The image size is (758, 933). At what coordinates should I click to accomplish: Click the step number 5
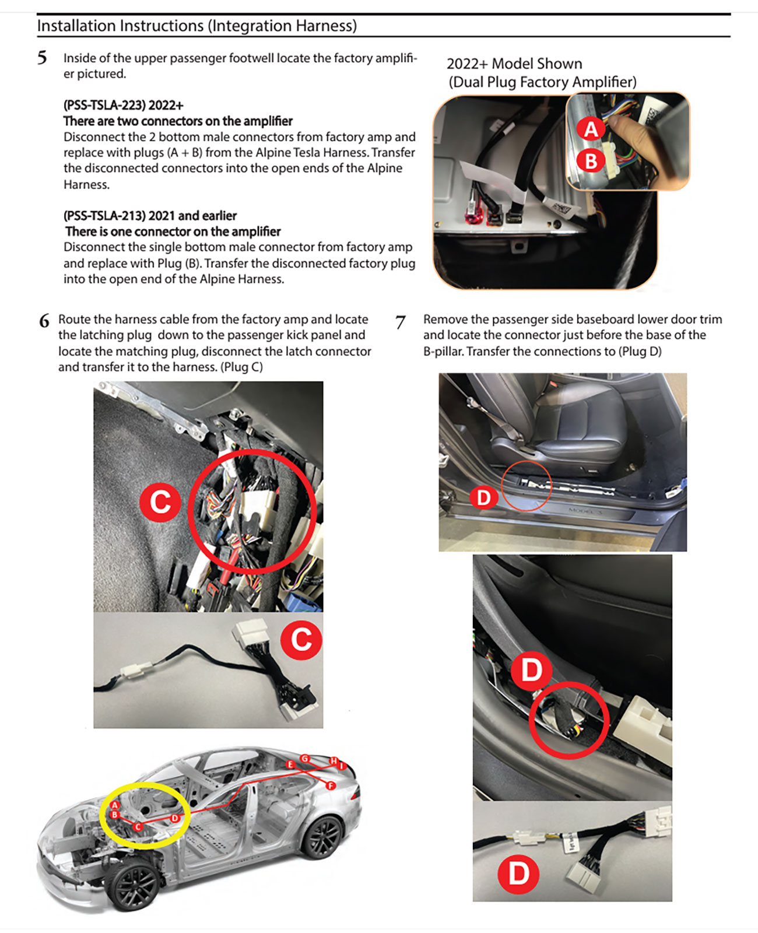coord(42,58)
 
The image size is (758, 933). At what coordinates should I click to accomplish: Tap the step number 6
coord(44,321)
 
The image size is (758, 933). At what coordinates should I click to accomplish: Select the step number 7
coord(400,322)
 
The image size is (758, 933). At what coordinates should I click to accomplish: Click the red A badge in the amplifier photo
coord(591,129)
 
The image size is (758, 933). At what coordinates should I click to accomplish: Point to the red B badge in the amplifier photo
coord(591,160)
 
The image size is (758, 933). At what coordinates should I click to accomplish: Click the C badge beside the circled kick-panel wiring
coord(160,502)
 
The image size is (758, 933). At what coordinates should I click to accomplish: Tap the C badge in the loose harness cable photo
coord(301,639)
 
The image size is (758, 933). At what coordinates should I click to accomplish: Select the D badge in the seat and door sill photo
coord(483,497)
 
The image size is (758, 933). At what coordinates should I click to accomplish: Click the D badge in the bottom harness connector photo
coord(518,874)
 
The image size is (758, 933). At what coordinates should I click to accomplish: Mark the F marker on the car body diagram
coord(331,785)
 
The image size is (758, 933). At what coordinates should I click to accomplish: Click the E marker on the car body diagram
coord(290,764)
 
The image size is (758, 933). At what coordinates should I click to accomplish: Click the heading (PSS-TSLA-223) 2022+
coord(124,106)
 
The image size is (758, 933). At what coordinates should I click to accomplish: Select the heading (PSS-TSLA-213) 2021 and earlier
coord(150,216)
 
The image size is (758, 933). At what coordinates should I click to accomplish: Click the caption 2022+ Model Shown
coord(514,64)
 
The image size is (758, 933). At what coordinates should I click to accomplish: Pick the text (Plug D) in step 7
coord(640,352)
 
